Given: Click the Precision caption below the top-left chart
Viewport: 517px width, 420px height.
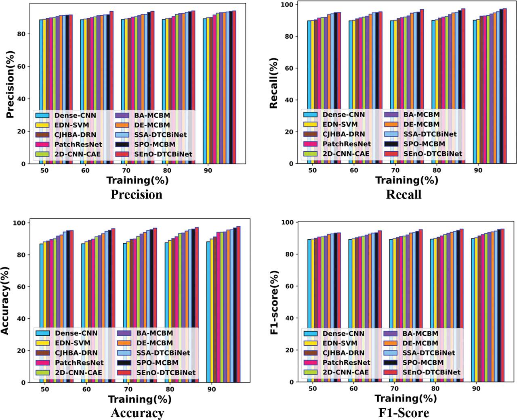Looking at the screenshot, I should [137, 194].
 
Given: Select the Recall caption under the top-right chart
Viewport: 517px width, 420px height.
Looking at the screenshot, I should [404, 194].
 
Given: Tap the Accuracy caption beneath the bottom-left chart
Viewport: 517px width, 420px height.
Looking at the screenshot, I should [137, 413].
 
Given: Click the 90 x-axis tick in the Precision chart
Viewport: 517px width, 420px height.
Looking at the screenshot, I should [211, 171].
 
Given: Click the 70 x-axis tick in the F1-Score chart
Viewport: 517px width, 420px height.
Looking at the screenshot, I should [394, 389].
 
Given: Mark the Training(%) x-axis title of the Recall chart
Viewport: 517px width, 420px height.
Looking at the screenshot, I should [406, 180].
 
